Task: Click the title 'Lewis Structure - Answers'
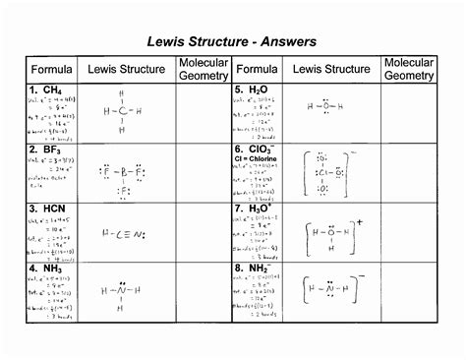232,41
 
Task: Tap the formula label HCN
49,210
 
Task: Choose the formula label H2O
252,90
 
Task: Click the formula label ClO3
255,150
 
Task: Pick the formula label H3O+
255,210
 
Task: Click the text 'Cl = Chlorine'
258,161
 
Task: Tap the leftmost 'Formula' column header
51,70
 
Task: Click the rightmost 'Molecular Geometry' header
409,69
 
